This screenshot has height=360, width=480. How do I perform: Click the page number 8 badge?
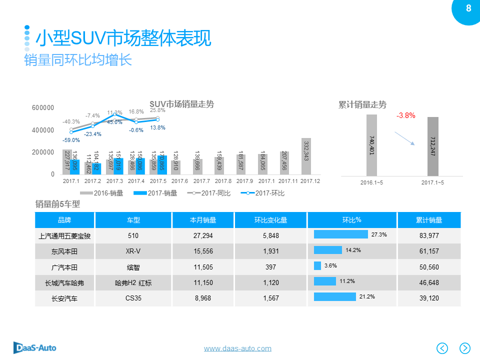coord(468,8)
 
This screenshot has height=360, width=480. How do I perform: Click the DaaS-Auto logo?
coord(34,347)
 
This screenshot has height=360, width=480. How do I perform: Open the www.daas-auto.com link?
coord(237,348)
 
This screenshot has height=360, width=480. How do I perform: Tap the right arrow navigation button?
coord(465,348)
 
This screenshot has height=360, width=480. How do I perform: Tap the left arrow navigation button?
coord(442,348)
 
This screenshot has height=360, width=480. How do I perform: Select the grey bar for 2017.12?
coord(306,156)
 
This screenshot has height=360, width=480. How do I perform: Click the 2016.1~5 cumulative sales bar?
coord(371,145)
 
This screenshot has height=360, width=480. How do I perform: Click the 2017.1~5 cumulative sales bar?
coord(433,146)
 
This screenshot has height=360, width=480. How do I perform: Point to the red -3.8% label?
coord(405,115)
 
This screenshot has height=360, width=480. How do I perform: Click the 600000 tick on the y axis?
coord(42,108)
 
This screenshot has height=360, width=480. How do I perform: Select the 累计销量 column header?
coord(429,220)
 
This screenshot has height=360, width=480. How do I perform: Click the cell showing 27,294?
coord(203,235)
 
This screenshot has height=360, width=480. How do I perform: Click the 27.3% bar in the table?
coord(340,234)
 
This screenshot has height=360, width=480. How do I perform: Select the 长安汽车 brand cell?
coord(65,299)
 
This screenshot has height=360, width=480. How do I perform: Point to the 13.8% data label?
coord(157,128)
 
